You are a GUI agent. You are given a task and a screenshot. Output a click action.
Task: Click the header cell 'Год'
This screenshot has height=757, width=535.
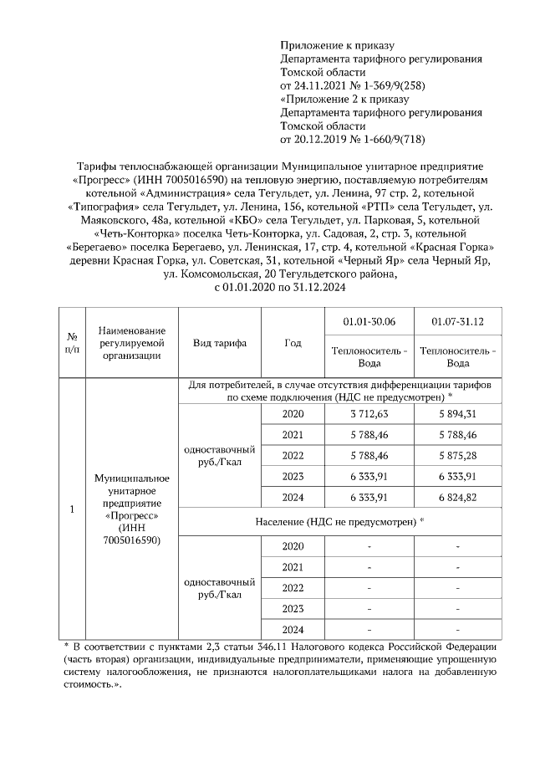click(x=293, y=343)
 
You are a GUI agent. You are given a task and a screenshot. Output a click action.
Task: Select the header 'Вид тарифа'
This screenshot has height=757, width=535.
click(x=219, y=343)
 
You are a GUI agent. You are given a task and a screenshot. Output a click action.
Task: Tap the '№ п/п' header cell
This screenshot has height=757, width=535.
click(x=72, y=343)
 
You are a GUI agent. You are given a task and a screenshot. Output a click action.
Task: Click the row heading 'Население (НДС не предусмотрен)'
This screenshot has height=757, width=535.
click(x=340, y=521)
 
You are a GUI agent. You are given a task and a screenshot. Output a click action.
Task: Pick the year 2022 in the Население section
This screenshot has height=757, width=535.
click(x=293, y=587)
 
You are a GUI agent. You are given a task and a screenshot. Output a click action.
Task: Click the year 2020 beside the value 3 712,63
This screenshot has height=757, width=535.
click(x=293, y=413)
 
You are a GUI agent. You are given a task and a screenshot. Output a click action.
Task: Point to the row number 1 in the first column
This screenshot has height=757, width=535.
click(x=72, y=509)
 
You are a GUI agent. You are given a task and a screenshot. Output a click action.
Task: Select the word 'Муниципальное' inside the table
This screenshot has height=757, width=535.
click(x=132, y=478)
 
